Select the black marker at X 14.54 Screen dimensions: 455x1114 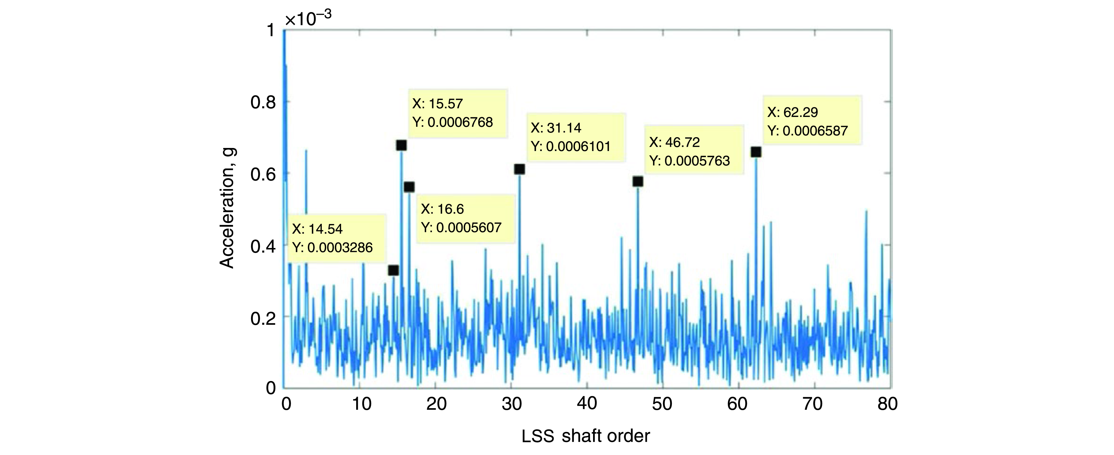[393, 270]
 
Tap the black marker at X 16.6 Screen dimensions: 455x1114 [409, 187]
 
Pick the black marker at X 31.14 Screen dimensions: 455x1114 [519, 169]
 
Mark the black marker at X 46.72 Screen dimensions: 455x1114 [637, 182]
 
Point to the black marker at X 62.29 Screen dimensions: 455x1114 [756, 152]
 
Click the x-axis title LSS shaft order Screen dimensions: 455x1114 [586, 436]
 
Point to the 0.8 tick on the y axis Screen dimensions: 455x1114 [262, 103]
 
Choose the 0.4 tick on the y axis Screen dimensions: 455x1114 [262, 246]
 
